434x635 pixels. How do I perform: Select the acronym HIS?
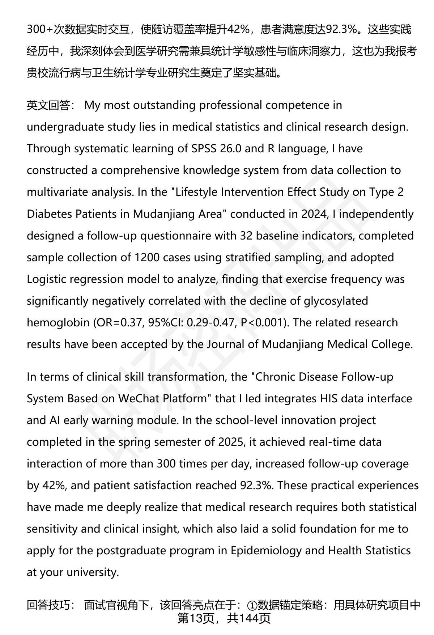point(329,398)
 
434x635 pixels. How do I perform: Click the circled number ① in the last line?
point(252,605)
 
